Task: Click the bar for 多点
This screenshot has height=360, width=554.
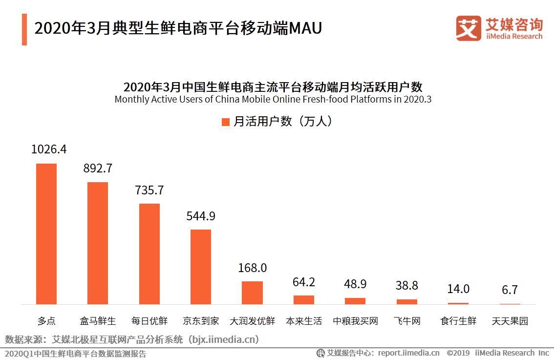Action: coord(46,233)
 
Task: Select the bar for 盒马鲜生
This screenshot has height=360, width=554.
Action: coord(98,243)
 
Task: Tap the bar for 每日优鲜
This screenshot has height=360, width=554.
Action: coord(149,254)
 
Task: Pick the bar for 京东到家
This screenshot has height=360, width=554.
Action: coord(201,267)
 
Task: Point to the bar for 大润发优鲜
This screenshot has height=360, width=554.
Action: coord(252,293)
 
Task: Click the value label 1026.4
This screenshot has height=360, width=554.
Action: coord(49,149)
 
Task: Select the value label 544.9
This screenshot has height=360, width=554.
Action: coord(201,215)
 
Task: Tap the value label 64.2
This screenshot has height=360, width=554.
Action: coord(304,282)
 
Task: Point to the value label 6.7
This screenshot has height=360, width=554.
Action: coord(510,290)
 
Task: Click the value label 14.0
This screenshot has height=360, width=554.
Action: coord(458,289)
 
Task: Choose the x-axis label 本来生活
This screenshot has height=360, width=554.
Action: coord(304,321)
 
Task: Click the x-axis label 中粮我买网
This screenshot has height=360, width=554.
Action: coord(355,321)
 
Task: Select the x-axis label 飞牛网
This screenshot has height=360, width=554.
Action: coord(406,321)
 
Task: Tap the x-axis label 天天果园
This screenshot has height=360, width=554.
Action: coord(510,321)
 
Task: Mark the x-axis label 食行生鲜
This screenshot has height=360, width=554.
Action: coord(458,321)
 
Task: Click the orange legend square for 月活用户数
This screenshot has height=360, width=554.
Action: coord(225,122)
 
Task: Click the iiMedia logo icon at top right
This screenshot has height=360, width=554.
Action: coord(469,28)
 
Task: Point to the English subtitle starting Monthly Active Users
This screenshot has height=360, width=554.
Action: coord(273,99)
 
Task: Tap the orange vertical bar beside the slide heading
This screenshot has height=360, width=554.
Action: coord(24,29)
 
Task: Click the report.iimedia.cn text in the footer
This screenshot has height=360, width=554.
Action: coord(408,353)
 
